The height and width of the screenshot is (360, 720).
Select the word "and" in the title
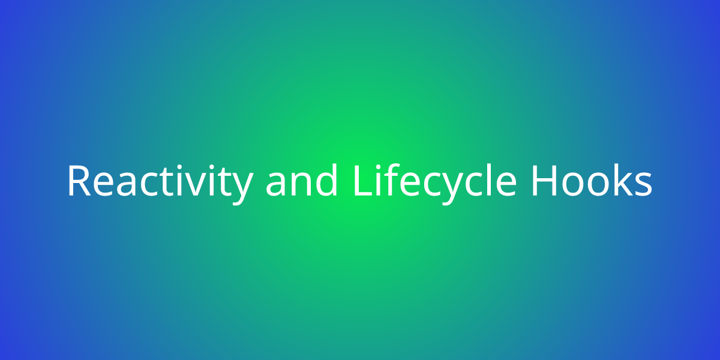301,179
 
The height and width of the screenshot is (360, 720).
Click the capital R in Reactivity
79,181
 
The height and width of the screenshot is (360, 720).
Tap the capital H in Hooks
544,181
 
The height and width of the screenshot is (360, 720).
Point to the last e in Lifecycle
506,185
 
